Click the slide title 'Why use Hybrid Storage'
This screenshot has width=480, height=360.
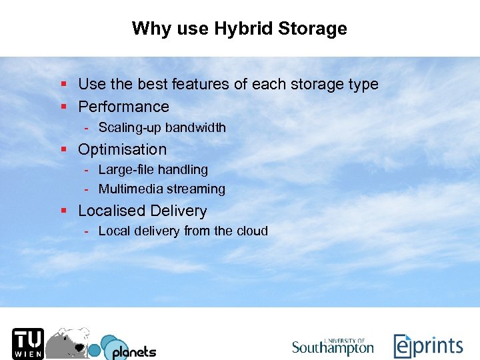coord(239,29)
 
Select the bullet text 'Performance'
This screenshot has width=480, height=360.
coord(123,107)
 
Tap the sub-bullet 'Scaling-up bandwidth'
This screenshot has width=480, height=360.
coord(162,127)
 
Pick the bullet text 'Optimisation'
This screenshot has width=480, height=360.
coord(122,149)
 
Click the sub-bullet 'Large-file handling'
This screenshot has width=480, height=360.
coord(153,170)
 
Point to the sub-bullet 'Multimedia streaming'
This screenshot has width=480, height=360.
coord(161,189)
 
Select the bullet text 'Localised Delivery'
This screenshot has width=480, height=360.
coord(142,211)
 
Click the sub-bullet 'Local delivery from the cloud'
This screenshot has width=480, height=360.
coord(183,231)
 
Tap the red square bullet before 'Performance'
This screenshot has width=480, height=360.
coord(63,107)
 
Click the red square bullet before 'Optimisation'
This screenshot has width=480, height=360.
coord(63,149)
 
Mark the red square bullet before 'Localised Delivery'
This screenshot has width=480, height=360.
coord(63,211)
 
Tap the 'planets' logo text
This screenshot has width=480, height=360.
coord(133,351)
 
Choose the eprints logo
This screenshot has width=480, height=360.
coord(427,346)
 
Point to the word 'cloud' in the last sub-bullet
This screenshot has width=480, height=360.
coord(251,231)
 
